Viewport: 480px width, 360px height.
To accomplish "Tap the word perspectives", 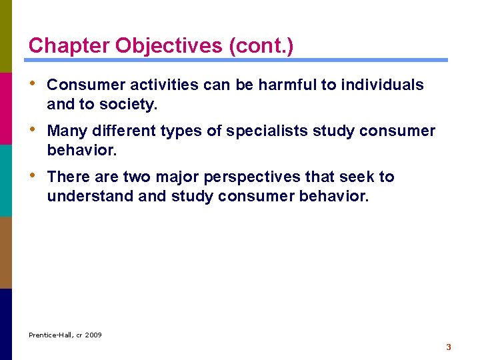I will coord(260,177).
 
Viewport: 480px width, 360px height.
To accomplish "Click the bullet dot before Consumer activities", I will coord(34,85).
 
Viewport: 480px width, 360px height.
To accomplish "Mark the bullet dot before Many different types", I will coord(34,131).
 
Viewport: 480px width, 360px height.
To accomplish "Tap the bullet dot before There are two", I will coord(34,177).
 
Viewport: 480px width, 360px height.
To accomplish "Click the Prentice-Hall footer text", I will coord(51,335).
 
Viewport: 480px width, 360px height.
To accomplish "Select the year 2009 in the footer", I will coord(93,335).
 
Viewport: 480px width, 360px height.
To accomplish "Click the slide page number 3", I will coord(449,347).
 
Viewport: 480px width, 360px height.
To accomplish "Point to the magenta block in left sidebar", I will coord(6,108).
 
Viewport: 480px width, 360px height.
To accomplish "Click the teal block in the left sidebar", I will coord(6,180).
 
